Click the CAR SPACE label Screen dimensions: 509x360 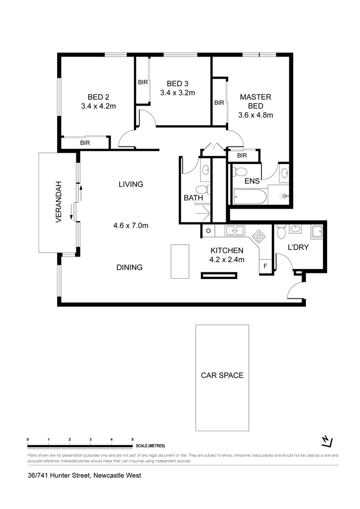(222, 376)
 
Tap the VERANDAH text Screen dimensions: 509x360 (59, 201)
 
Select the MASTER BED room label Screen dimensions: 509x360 (256, 101)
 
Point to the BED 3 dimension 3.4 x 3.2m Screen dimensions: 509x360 (177, 93)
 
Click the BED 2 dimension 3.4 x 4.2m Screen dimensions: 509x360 (98, 106)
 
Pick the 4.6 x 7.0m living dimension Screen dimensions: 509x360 (131, 225)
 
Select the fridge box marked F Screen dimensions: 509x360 (265, 266)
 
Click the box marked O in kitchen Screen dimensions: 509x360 (208, 230)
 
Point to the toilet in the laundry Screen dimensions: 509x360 (281, 232)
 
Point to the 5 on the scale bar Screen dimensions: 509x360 (132, 439)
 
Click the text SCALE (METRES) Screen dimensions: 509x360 (150, 445)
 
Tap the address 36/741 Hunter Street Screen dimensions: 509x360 (84, 475)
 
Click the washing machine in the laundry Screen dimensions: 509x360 (316, 231)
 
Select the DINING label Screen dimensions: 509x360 (130, 267)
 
